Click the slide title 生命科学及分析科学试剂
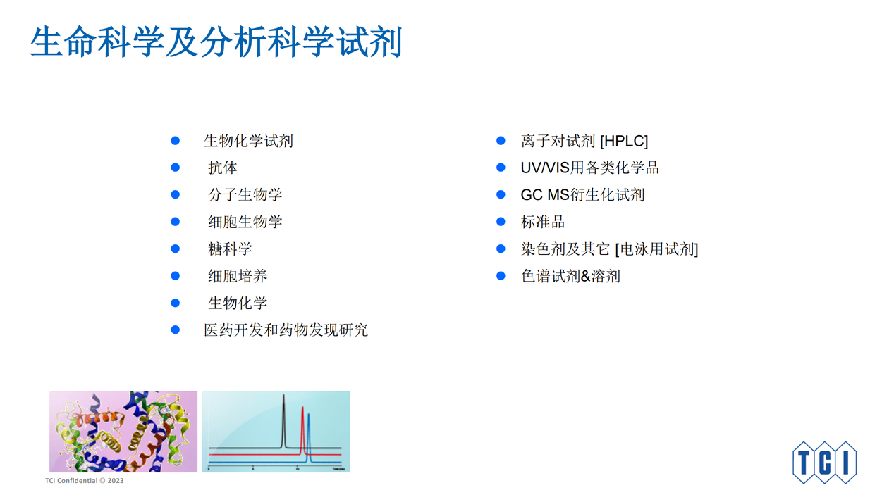pos(216,42)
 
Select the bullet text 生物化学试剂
pos(248,141)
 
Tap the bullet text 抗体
pos(223,168)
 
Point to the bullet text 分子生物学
pos(245,195)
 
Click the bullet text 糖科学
pos(230,249)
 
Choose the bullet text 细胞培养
pos(238,276)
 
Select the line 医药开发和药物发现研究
pos(286,330)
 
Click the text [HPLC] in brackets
pos(624,141)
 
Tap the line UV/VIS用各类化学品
pos(589,168)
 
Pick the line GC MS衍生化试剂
pos(582,195)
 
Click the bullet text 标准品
pos(543,222)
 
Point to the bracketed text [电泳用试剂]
pos(657,249)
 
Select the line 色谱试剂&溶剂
pos(570,276)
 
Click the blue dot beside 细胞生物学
pos(175,222)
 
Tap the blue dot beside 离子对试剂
pos(501,140)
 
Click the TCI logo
pos(824,462)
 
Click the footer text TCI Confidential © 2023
pos(85,481)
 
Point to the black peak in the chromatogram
pos(283,421)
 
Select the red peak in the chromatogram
pos(302,430)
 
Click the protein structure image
pos(123,432)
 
